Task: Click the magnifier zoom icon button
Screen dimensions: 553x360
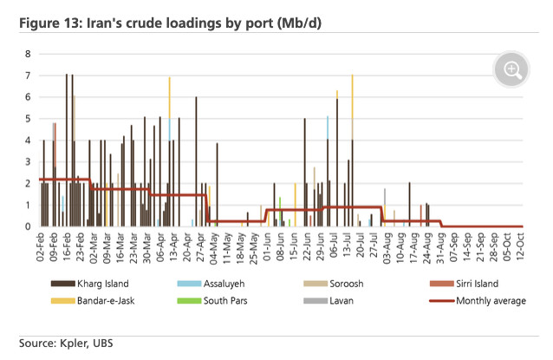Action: click(x=511, y=69)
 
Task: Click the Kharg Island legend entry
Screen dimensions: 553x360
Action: click(x=90, y=284)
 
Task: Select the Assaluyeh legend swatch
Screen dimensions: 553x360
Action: click(x=189, y=284)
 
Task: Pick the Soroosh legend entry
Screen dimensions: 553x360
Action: click(x=334, y=284)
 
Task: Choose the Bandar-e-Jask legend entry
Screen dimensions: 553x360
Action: click(x=93, y=301)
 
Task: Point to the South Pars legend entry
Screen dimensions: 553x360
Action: click(x=212, y=301)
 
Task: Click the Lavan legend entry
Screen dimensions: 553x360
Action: click(x=329, y=301)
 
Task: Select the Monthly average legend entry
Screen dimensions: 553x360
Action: click(x=478, y=301)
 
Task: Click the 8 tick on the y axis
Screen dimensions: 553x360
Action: click(x=28, y=54)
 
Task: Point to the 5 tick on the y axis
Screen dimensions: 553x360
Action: click(x=28, y=119)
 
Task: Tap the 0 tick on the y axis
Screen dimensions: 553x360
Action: click(x=28, y=226)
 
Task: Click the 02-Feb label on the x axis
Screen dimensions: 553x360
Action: click(x=40, y=247)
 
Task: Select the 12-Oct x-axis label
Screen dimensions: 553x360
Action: click(x=520, y=246)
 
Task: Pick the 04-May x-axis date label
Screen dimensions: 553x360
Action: click(x=213, y=248)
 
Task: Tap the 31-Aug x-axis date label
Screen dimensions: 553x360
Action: click(x=439, y=248)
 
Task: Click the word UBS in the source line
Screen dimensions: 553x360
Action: click(x=103, y=343)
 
